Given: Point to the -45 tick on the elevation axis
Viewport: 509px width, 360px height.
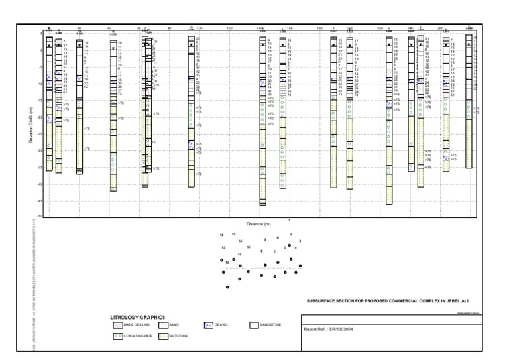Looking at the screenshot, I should pos(39,201).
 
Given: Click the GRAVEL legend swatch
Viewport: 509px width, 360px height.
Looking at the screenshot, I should pos(207,325).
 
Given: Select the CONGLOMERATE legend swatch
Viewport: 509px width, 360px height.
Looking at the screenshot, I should pos(117,336).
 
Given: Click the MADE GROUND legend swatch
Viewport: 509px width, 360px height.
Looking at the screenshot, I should pos(117,325).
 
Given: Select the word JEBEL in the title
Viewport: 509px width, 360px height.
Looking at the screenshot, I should pos(455,300).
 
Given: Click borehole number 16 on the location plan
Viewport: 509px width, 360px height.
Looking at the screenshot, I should pos(221,235).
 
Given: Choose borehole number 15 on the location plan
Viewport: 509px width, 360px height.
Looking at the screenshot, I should pos(233,235).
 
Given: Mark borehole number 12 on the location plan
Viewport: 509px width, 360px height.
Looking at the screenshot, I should pos(227,263).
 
